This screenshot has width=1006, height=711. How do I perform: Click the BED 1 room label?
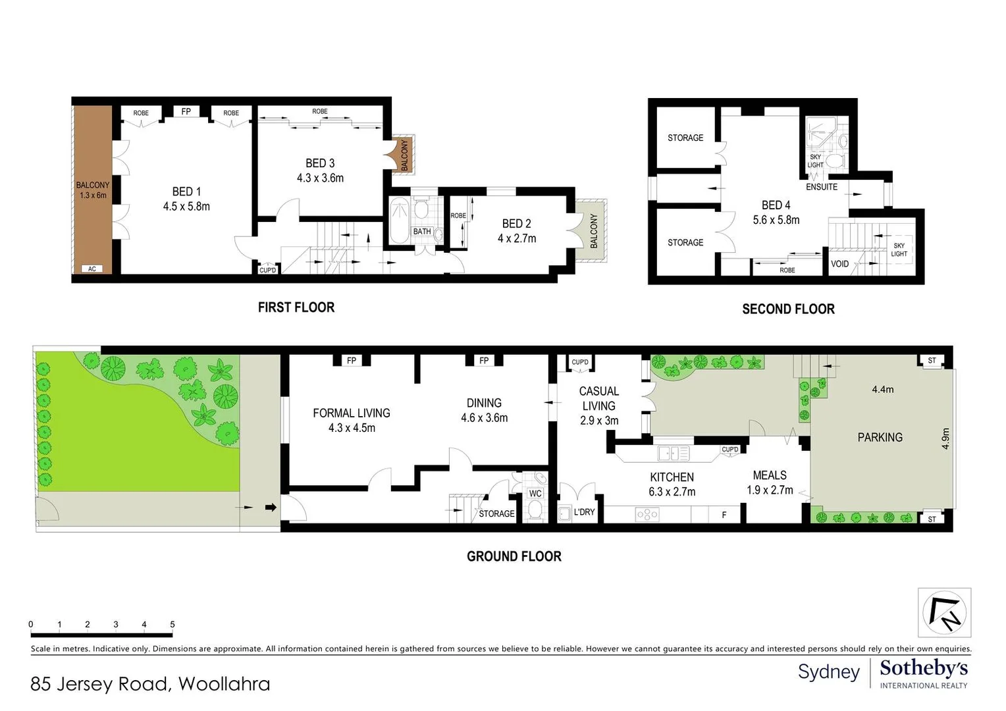point(186,192)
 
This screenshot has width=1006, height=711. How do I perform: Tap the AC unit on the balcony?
point(92,269)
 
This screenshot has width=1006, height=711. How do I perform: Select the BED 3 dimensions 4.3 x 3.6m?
point(320,178)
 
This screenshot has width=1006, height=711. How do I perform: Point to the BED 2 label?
point(516,224)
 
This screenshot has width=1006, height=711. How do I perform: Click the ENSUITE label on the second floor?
point(822,187)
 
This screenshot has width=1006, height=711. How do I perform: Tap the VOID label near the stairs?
point(839,264)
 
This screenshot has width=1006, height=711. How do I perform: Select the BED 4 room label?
point(776,205)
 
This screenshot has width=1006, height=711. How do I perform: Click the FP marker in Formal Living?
point(352,360)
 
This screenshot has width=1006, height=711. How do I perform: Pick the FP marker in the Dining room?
point(484,360)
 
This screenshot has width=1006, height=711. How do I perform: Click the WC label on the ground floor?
point(535,493)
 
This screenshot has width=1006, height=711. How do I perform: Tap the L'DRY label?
point(584,512)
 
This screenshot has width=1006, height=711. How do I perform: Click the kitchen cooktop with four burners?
point(647,514)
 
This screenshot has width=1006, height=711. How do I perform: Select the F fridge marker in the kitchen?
point(724,515)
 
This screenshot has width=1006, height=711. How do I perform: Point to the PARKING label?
point(880,437)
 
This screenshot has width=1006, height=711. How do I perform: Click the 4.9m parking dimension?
point(945,438)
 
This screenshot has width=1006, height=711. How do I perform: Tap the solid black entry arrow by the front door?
point(271,508)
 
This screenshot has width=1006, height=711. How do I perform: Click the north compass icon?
point(944,612)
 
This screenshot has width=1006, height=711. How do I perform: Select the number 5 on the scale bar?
point(172,624)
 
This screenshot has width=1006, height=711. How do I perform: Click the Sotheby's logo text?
point(924,668)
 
